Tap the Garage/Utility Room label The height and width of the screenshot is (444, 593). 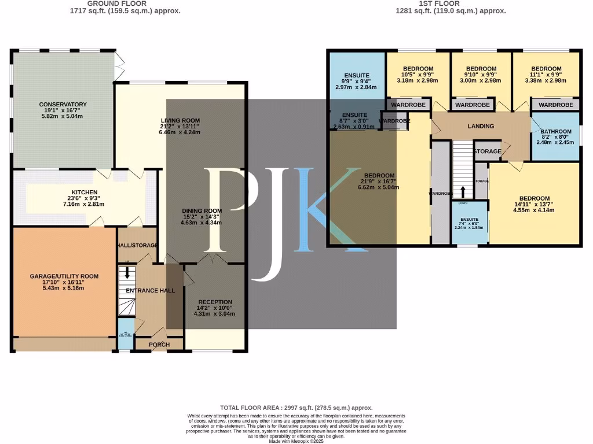64,276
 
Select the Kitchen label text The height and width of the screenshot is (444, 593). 85,193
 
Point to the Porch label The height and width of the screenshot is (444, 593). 159,345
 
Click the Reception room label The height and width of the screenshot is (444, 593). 215,302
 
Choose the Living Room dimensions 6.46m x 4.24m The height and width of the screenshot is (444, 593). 180,132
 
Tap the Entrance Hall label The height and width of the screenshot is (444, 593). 151,290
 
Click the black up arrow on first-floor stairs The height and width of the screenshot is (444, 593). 462,192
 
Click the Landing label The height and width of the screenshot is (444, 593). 481,126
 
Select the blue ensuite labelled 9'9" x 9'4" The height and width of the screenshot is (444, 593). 356,75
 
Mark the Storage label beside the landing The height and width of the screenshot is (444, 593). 488,151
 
